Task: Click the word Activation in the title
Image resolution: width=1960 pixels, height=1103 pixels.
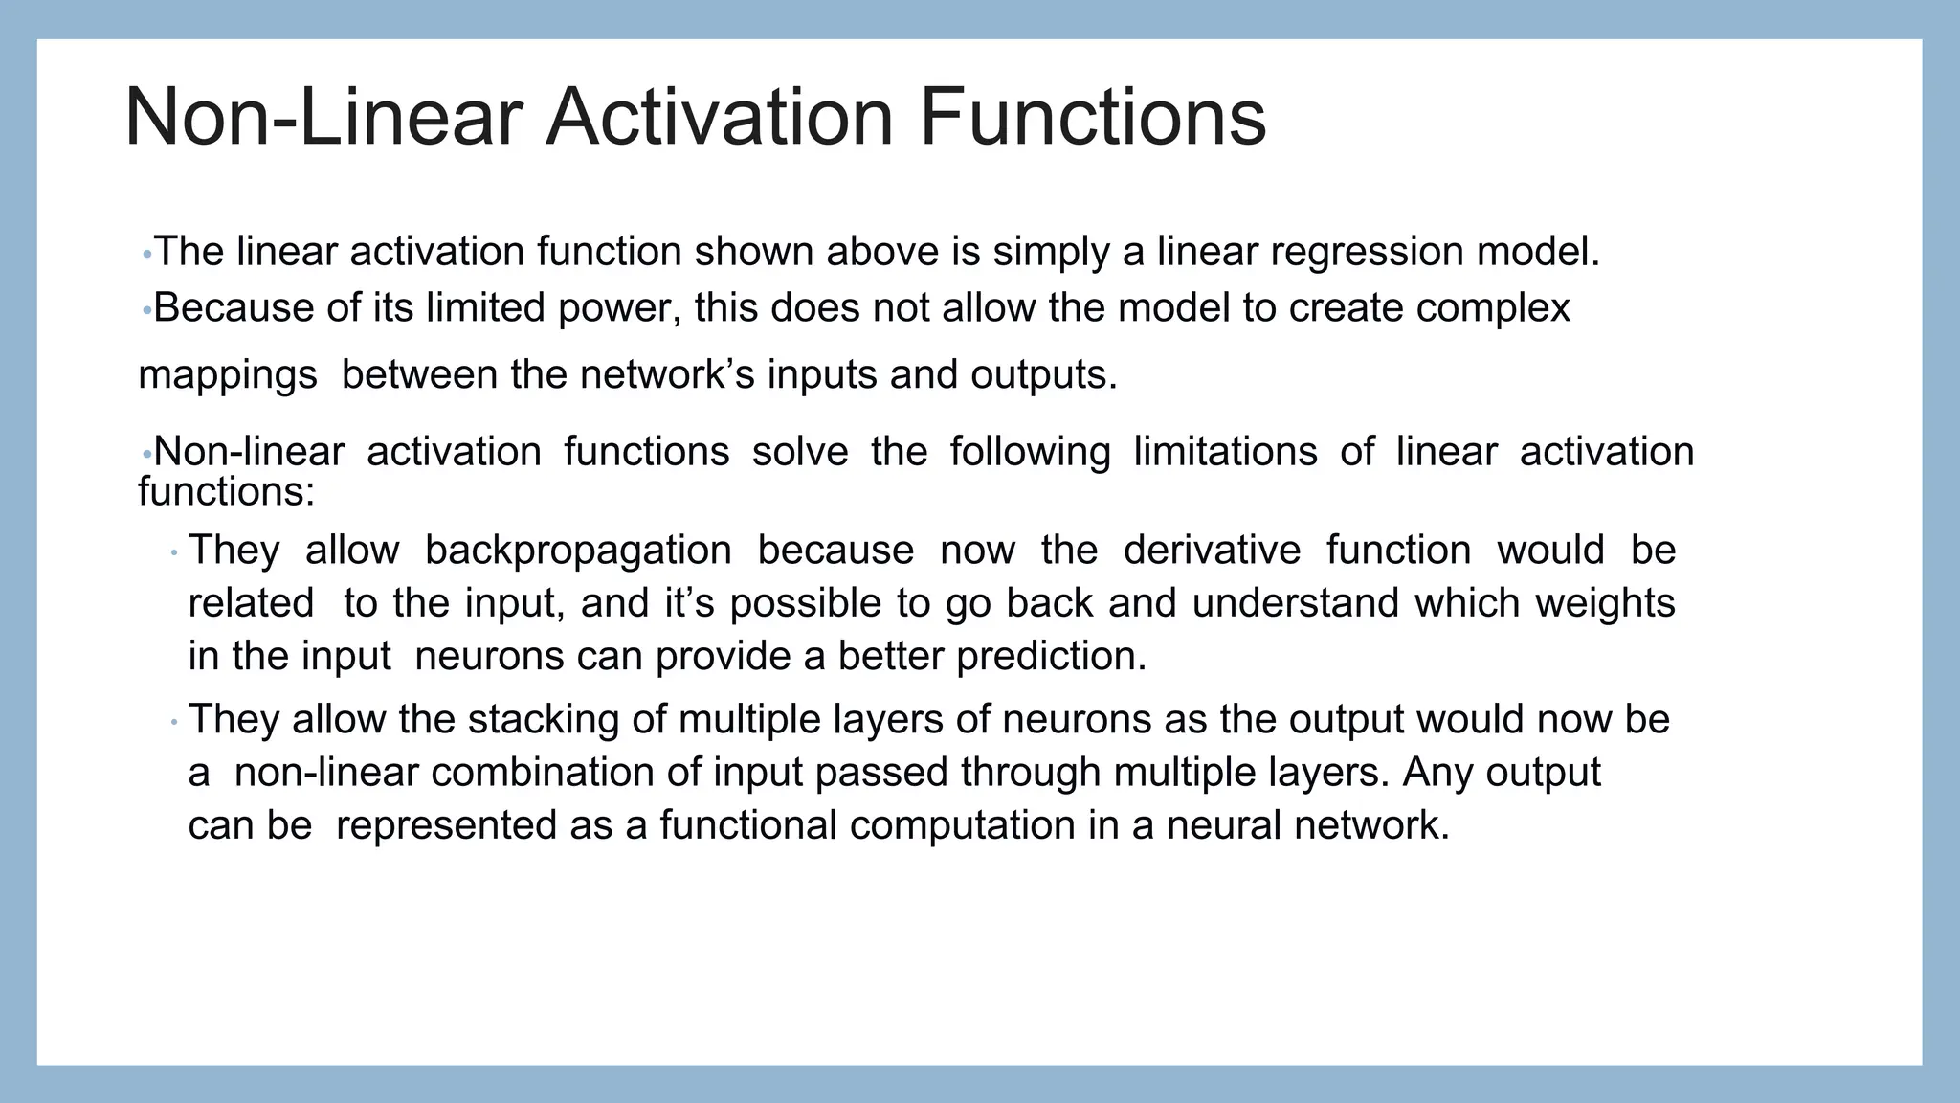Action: click(x=720, y=118)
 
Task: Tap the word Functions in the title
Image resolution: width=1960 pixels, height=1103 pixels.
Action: click(x=1092, y=118)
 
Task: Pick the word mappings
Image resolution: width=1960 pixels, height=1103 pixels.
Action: click(x=228, y=375)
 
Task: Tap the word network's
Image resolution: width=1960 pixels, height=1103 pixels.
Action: click(x=666, y=374)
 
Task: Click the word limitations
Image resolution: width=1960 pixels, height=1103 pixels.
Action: click(x=1225, y=451)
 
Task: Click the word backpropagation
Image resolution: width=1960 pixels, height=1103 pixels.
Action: click(x=577, y=551)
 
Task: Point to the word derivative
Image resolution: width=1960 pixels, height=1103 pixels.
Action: click(x=1212, y=551)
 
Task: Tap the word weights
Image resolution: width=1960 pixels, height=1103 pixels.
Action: click(x=1605, y=603)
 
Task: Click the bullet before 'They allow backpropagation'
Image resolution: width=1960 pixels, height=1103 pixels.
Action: click(x=174, y=553)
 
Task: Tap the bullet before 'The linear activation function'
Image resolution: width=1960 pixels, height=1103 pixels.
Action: click(x=146, y=255)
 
